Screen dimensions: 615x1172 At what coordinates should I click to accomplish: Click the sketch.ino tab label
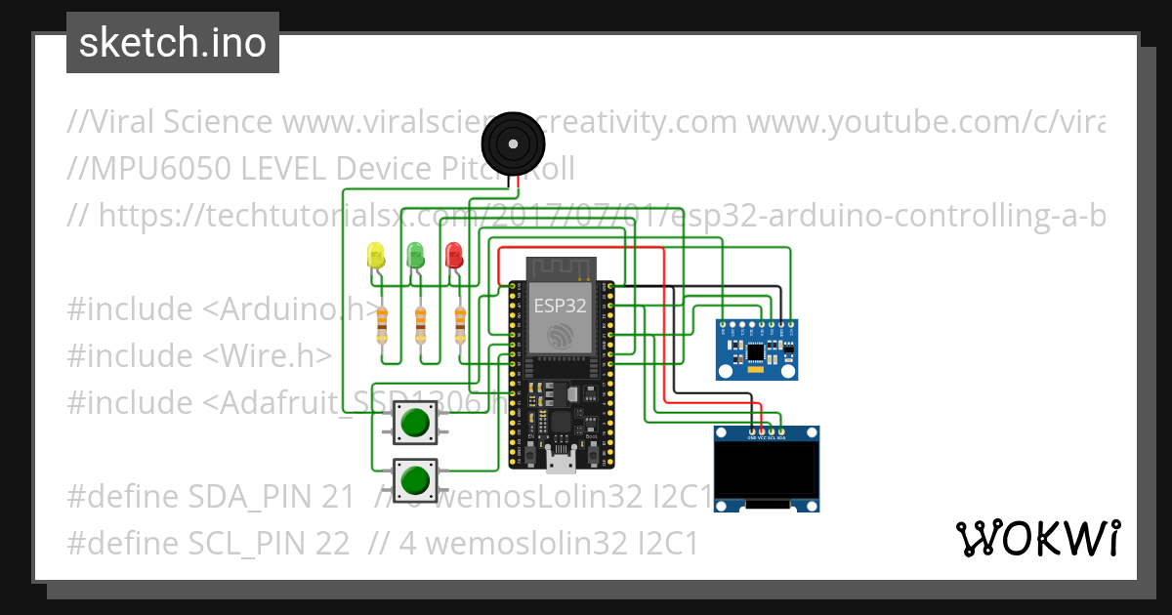coord(173,43)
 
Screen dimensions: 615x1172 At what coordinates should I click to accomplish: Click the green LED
coord(415,255)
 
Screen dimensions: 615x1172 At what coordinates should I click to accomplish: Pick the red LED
coord(453,255)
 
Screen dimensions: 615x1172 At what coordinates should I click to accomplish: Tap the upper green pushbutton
coord(415,423)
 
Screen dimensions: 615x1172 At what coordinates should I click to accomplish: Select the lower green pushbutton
coord(415,479)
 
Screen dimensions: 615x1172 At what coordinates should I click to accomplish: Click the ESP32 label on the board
coord(560,305)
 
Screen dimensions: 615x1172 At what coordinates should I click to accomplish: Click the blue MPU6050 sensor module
coord(756,349)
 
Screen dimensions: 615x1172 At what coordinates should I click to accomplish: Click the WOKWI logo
coord(1038,538)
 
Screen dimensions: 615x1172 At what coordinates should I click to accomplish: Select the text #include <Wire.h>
coord(199,356)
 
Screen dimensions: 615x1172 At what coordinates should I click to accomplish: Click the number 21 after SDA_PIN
coord(337,497)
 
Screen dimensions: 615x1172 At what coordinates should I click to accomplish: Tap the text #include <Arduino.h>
coord(220,309)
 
